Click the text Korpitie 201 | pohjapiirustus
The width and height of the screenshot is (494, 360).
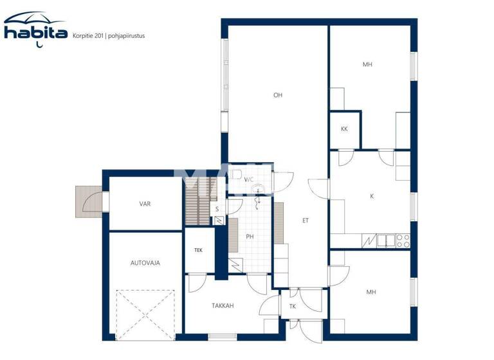click(109, 36)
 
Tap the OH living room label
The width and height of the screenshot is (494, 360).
click(278, 95)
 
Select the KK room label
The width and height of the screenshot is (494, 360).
click(344, 129)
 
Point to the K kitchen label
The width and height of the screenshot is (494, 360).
click(371, 196)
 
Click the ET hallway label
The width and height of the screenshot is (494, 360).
click(306, 221)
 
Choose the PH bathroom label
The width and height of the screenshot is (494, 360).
click(250, 236)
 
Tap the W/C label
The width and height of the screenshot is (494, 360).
click(249, 179)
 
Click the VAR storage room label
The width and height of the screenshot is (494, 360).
click(145, 204)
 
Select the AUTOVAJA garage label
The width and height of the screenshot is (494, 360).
click(145, 263)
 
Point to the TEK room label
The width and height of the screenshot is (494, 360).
click(199, 250)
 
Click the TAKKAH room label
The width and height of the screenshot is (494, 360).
click(222, 306)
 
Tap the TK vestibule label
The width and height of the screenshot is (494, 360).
click(293, 307)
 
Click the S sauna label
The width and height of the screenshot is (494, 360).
click(217, 209)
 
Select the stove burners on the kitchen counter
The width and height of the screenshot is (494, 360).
click(403, 241)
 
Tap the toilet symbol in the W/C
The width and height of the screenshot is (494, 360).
click(237, 174)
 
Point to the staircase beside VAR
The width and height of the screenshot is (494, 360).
click(197, 202)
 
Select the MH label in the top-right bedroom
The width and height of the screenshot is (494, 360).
click(367, 64)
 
